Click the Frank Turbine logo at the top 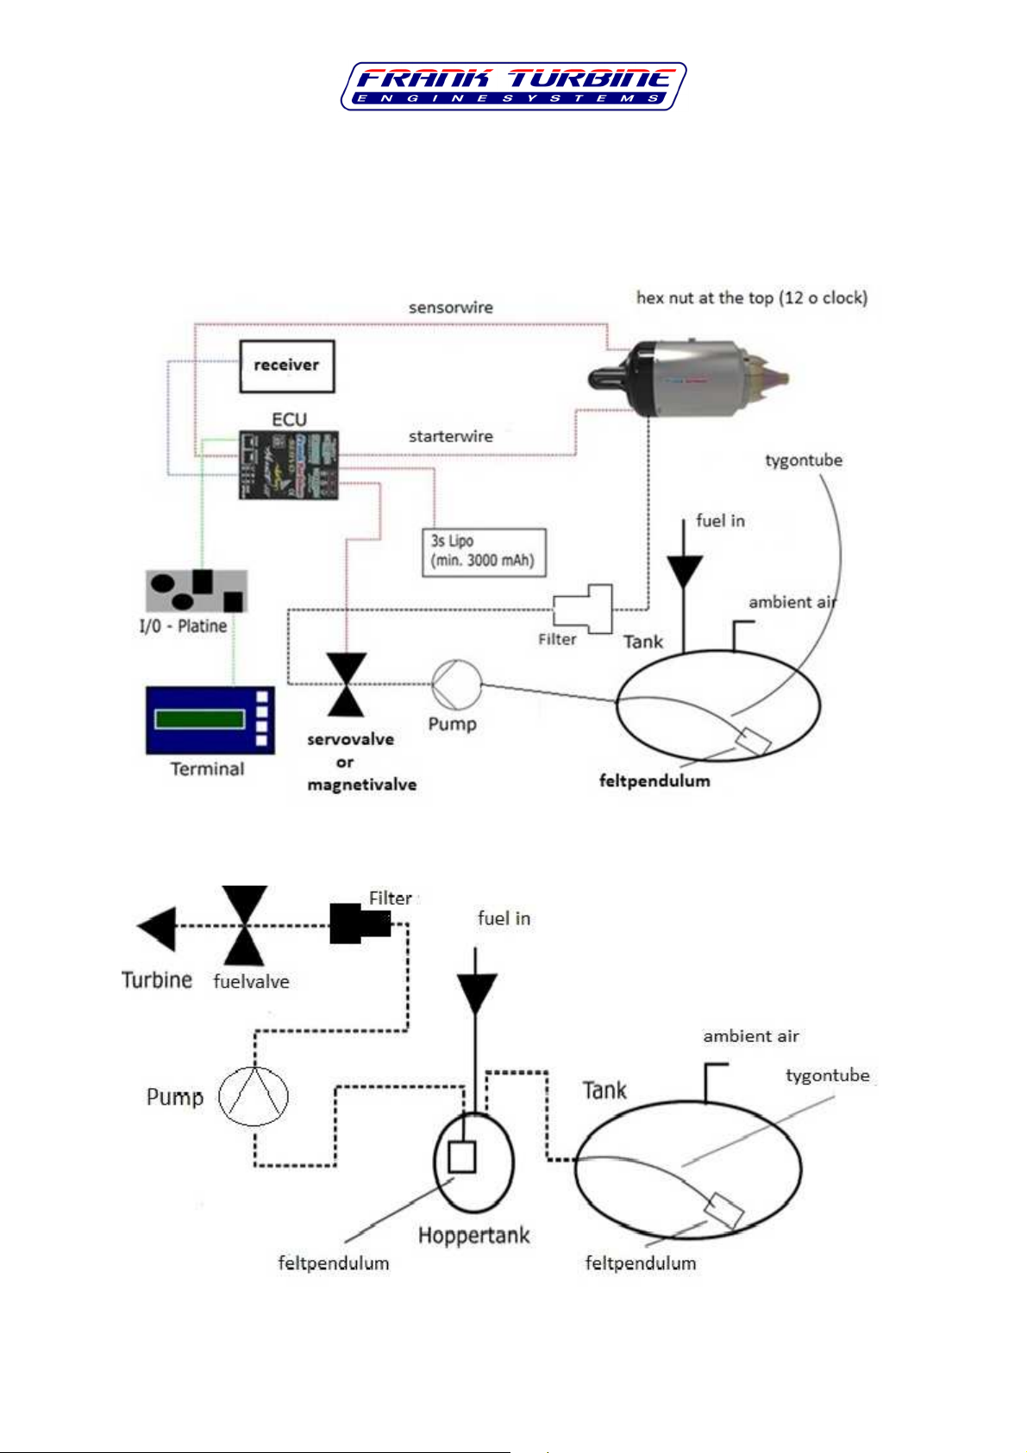[x=513, y=86]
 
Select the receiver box [x=286, y=366]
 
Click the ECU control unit [x=288, y=465]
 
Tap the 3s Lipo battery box [x=483, y=552]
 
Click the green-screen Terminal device [x=210, y=720]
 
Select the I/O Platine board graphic [x=197, y=591]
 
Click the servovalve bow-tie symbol [x=347, y=685]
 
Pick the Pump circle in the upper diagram [x=455, y=685]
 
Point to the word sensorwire [x=451, y=308]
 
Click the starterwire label [x=451, y=436]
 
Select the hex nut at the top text [x=752, y=298]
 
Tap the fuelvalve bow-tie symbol [x=245, y=925]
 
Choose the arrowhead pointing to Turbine [x=158, y=928]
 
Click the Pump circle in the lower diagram [x=253, y=1096]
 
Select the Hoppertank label [x=473, y=1236]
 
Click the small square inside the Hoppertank [x=462, y=1157]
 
